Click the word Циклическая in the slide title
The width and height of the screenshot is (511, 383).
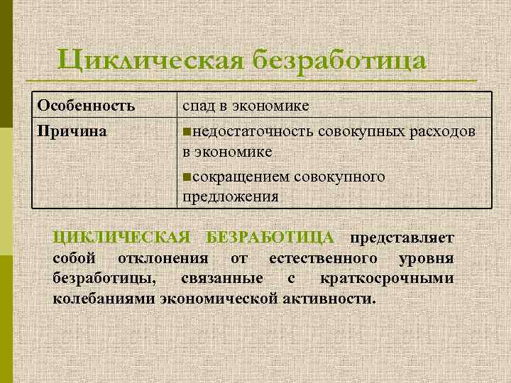[150, 60]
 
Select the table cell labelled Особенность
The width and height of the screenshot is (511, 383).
[86, 106]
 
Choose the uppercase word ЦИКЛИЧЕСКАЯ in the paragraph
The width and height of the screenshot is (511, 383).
[122, 237]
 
